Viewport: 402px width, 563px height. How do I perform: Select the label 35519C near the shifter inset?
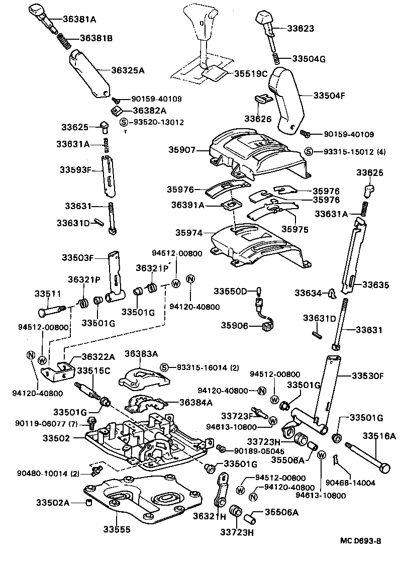(250, 73)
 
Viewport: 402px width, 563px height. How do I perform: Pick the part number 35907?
(181, 150)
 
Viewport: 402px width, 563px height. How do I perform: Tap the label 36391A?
(187, 205)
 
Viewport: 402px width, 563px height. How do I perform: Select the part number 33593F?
(74, 170)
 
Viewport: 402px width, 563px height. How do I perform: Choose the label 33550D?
(231, 292)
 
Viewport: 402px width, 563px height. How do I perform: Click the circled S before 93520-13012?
(124, 122)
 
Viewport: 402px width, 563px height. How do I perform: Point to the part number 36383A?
(141, 353)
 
